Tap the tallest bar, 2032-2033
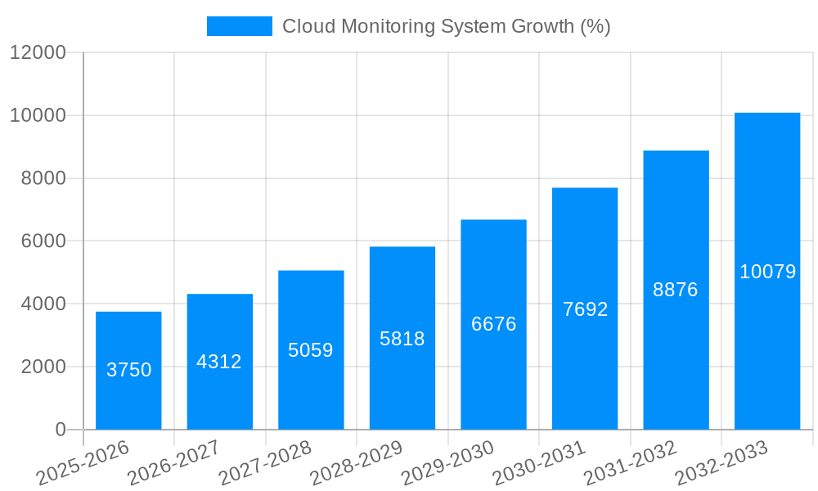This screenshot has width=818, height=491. click(767, 271)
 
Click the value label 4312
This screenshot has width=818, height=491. click(219, 362)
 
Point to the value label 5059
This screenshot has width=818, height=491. click(311, 350)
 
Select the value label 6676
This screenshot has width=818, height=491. click(494, 324)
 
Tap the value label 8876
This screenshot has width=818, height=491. click(676, 290)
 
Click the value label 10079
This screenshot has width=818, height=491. click(767, 272)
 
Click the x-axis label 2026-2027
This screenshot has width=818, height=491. click(173, 462)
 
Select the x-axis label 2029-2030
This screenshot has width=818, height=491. click(447, 462)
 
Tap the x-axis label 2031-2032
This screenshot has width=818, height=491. click(630, 462)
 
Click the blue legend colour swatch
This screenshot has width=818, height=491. click(239, 26)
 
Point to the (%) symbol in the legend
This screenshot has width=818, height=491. click(595, 26)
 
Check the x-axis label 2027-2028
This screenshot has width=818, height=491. click(265, 462)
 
